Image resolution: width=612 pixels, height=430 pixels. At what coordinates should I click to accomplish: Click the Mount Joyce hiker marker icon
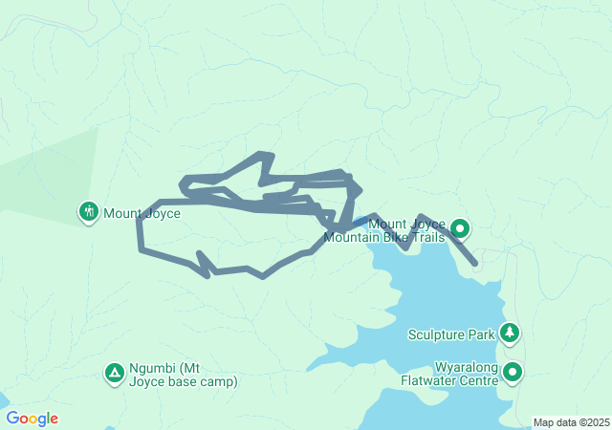(x=89, y=210)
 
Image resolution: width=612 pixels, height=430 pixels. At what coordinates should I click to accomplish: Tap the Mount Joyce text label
(x=142, y=214)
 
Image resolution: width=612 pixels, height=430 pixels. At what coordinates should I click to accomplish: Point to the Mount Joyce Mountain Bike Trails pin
(x=460, y=228)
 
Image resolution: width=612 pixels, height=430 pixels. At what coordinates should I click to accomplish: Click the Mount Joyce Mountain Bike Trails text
(x=384, y=231)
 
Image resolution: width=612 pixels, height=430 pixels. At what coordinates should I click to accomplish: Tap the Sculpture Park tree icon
(x=512, y=333)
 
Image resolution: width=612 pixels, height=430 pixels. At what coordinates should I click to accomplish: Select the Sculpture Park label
(x=451, y=334)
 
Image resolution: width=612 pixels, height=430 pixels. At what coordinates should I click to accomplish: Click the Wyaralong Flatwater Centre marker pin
(x=514, y=373)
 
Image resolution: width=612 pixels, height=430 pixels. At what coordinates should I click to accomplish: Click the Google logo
(x=32, y=419)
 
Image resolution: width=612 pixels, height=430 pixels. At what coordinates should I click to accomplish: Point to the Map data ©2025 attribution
(x=571, y=422)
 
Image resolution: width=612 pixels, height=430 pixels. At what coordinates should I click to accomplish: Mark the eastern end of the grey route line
(x=474, y=262)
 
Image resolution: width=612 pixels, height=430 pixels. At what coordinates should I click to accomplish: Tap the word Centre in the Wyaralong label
(x=478, y=380)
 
